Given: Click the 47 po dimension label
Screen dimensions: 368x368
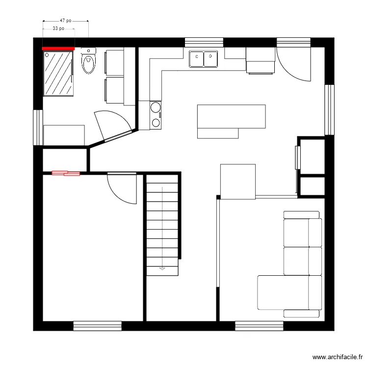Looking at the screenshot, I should (66, 21).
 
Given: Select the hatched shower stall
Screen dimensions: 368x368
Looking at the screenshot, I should (58, 73).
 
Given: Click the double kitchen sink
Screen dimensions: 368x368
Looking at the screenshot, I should (204, 59).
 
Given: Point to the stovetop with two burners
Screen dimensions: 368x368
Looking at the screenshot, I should (156, 115).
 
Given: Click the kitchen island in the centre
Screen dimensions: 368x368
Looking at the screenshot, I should (231, 118).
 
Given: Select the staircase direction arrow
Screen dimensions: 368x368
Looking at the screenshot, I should (162, 268).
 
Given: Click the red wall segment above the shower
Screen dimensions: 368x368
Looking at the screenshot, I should (58, 48).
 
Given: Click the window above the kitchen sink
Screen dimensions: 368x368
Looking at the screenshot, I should (204, 42).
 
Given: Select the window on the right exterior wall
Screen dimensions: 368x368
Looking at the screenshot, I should (330, 109).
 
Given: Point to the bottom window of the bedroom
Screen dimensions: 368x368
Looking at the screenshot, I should (97, 325).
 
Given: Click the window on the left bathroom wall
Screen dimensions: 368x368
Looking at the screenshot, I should (37, 127).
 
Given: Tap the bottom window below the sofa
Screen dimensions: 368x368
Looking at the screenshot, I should (259, 325).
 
